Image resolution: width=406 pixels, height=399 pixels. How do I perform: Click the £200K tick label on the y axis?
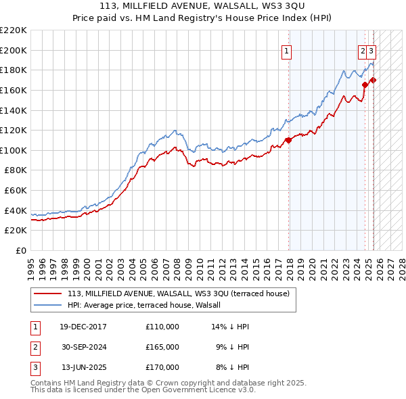pos(14,50)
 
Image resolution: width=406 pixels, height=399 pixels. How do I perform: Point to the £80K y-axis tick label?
pos(16,170)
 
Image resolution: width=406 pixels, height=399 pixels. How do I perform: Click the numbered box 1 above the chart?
pos(287,50)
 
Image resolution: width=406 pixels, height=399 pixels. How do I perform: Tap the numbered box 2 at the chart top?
pos(363,50)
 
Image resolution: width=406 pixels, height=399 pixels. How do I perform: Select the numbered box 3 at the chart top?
pos(371,50)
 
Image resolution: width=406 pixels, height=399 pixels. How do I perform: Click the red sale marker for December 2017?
pos(288,140)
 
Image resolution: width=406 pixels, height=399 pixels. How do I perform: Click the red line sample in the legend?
pos(47,294)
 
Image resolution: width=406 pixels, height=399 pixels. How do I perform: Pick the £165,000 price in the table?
pos(162,347)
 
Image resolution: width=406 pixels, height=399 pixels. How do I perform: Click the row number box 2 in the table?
pos(35,347)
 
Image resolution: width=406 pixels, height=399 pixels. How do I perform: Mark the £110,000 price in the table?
pos(162,327)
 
